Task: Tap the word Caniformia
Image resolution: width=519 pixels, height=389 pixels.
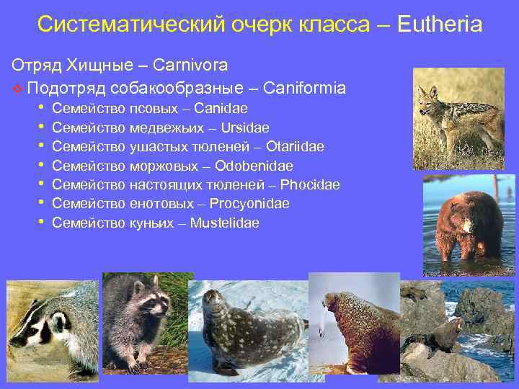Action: point(305,89)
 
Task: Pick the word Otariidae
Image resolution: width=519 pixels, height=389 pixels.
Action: point(295,147)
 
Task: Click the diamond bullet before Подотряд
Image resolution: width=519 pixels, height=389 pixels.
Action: point(17,89)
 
